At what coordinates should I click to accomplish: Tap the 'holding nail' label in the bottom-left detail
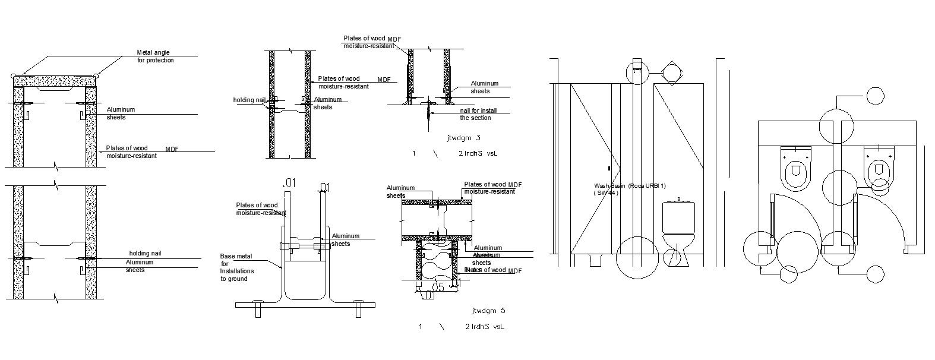coord(145,254)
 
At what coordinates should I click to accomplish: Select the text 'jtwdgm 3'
coord(463,138)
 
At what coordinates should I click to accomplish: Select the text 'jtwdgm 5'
coord(488,311)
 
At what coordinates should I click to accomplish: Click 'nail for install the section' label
coord(479,114)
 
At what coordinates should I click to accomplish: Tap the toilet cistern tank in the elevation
coord(678,217)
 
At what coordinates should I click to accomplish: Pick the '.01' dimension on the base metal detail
coord(289,182)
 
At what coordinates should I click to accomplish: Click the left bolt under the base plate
coord(258,310)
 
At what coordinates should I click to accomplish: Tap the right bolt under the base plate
coord(359,310)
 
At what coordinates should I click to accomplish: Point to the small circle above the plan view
coord(874,96)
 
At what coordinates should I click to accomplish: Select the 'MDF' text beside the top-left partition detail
coord(172,149)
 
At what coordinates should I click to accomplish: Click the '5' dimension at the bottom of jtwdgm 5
coord(440,288)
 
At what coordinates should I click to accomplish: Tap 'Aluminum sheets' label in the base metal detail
coord(345,239)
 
